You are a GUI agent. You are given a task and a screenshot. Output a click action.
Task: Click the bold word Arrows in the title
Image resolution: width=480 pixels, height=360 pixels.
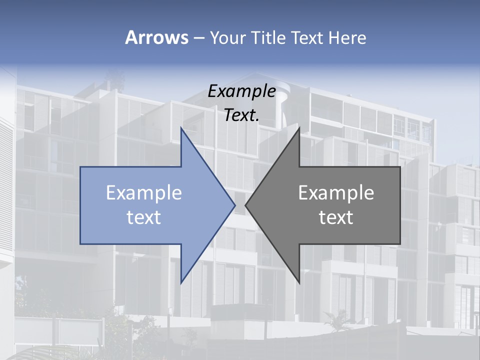pyautogui.click(x=156, y=37)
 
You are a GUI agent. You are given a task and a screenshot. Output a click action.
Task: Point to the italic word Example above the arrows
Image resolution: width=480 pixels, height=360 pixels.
pyautogui.click(x=242, y=91)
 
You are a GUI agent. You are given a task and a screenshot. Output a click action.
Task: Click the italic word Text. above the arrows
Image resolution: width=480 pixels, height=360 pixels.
pyautogui.click(x=242, y=115)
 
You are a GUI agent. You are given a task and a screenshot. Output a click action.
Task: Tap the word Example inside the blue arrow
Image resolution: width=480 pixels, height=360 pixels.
pyautogui.click(x=144, y=193)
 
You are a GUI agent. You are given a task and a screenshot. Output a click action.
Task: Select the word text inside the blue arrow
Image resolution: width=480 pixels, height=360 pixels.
pyautogui.click(x=144, y=217)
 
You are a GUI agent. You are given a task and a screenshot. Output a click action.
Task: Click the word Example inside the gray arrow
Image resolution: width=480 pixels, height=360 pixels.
pyautogui.click(x=336, y=193)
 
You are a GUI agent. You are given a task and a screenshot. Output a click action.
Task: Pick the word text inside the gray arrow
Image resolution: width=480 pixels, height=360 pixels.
pyautogui.click(x=336, y=217)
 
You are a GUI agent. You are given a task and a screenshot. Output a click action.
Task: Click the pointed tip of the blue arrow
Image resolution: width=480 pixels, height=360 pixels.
pyautogui.click(x=234, y=205)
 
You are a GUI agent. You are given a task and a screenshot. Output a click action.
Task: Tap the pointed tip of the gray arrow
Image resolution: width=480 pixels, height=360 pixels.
pyautogui.click(x=246, y=205)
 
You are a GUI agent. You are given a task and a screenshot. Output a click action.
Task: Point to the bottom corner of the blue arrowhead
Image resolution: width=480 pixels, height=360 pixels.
pyautogui.click(x=181, y=283)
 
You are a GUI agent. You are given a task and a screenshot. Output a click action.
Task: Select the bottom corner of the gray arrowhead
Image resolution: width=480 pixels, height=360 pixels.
pyautogui.click(x=299, y=283)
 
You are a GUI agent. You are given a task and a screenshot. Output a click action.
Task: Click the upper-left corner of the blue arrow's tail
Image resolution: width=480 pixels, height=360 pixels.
pyautogui.click(x=80, y=167)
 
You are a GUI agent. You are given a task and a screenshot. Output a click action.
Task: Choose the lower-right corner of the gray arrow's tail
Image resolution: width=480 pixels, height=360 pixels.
pyautogui.click(x=400, y=244)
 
